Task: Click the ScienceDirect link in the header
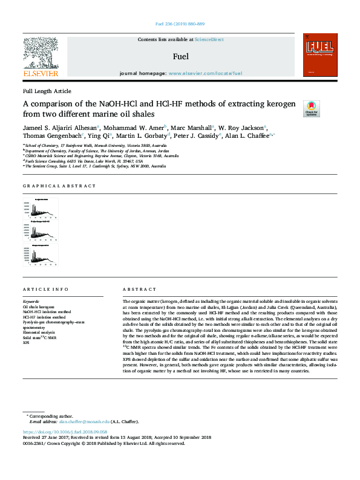coord(209,40)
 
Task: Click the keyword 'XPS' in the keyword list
coord(26,342)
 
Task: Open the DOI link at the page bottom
coord(65,432)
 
